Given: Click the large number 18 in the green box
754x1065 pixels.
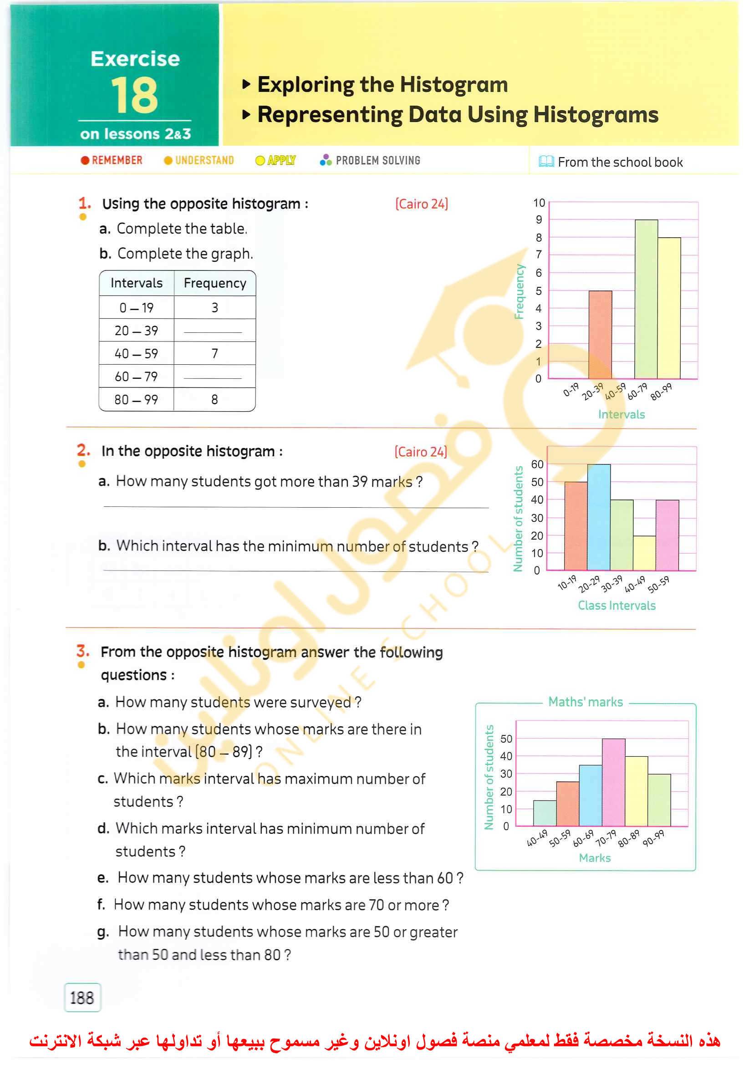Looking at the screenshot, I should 135,96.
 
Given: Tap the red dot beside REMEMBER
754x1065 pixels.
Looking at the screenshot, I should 85,161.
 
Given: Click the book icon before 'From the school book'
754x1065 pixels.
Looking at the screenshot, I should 546,162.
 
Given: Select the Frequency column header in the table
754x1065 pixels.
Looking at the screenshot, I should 214,283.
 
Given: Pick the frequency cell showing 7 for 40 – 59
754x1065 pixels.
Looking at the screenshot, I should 214,354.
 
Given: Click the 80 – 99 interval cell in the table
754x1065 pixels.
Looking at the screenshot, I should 136,400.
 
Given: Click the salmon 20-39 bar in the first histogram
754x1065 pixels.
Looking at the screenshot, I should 600,334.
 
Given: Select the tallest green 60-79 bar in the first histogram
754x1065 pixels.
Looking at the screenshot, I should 646,300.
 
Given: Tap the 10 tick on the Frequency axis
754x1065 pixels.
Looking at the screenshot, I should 539,203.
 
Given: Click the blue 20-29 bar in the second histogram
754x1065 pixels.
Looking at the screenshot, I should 599,517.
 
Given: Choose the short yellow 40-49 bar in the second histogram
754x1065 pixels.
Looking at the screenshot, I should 644,553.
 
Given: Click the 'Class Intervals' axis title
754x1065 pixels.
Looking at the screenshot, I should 616,606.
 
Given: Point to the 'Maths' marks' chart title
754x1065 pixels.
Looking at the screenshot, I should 586,702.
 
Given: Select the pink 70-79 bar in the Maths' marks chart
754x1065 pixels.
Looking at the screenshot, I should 613,782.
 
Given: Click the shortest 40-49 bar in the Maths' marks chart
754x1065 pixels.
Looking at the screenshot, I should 545,813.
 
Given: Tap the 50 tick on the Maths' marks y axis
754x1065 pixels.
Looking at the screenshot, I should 506,739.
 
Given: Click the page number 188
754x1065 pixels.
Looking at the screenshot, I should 82,998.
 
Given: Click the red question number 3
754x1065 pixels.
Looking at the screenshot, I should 83,651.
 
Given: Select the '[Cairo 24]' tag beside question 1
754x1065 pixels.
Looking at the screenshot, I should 421,204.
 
